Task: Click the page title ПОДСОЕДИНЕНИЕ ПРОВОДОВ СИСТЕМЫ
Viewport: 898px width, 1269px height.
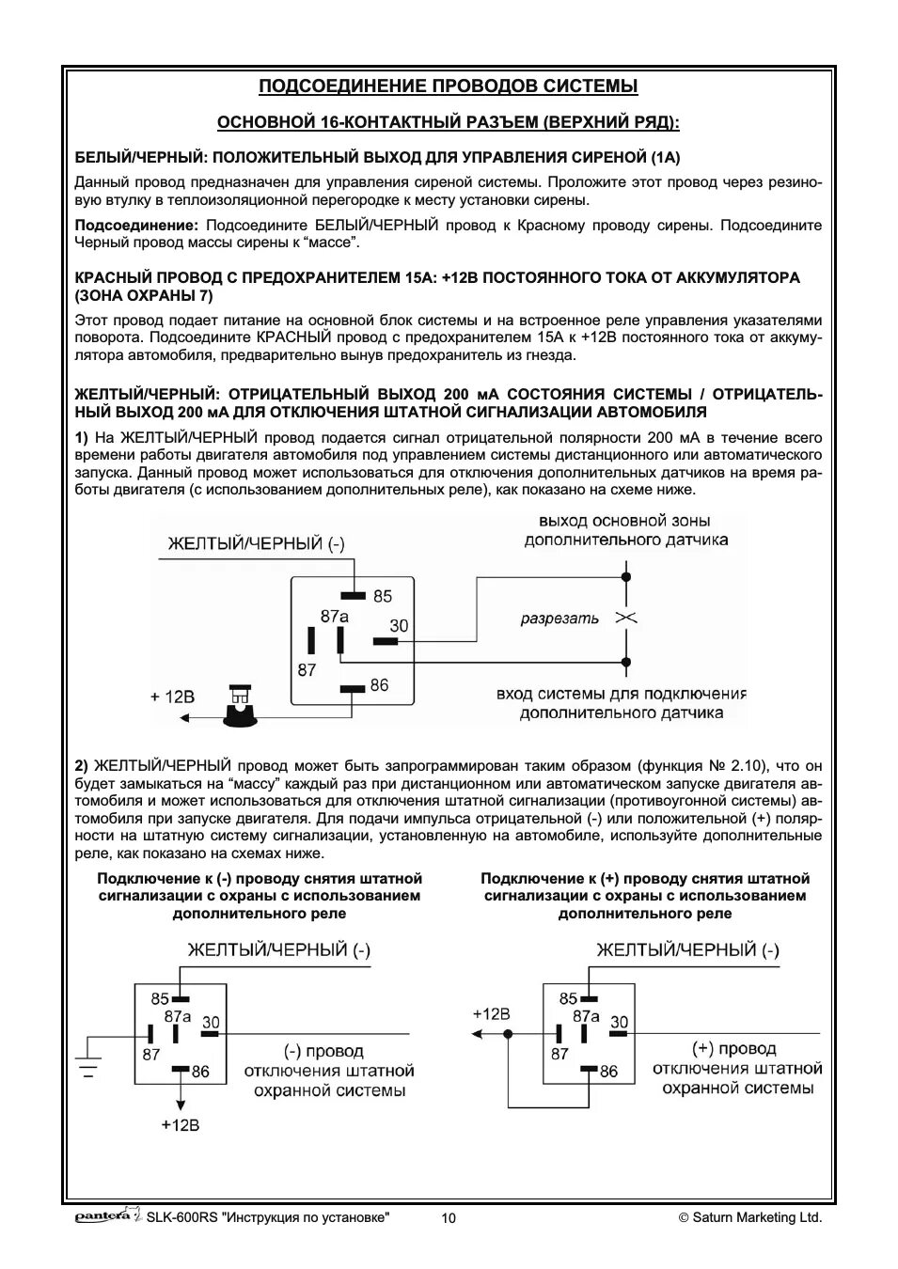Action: point(448,86)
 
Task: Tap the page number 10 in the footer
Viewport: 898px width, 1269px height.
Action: point(449,1218)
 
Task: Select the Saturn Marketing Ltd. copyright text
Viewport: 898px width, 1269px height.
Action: point(750,1217)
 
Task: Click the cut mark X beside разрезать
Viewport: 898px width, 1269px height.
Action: point(626,618)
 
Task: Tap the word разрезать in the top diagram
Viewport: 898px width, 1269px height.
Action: point(559,619)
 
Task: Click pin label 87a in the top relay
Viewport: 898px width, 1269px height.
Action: point(334,617)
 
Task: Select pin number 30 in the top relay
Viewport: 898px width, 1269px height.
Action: point(399,625)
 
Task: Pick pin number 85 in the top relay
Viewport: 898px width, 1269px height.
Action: point(382,596)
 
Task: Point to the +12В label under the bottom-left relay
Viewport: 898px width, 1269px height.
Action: point(180,1125)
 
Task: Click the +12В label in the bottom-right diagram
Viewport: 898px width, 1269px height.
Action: point(491,1013)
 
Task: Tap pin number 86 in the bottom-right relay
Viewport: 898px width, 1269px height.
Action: point(608,1071)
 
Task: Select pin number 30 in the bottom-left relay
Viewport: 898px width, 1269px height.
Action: point(211,1022)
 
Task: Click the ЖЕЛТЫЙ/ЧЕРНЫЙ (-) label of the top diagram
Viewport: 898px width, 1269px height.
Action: point(257,543)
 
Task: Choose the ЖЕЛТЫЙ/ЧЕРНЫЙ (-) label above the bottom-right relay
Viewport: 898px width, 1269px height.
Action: point(687,950)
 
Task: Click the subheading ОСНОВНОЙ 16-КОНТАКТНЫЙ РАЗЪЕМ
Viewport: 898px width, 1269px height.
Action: point(448,122)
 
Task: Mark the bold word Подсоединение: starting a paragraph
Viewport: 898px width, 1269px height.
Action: point(136,226)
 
